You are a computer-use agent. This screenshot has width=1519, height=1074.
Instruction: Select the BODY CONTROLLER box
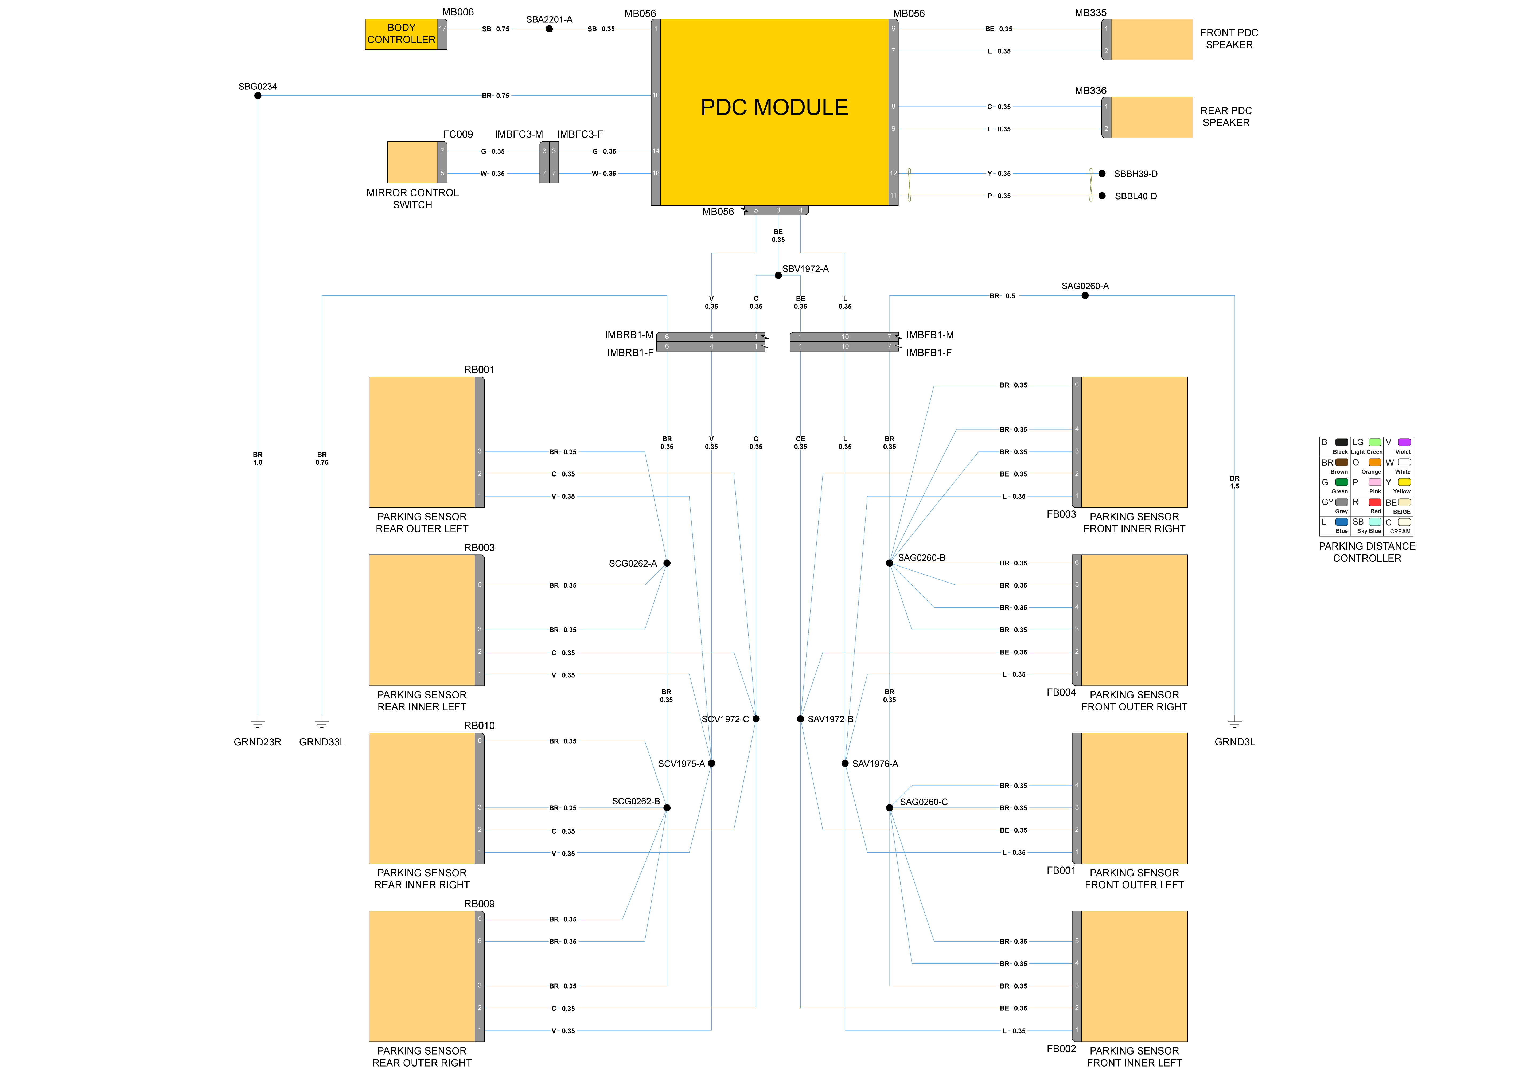401,34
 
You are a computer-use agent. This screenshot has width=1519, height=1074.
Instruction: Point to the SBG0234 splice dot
258,96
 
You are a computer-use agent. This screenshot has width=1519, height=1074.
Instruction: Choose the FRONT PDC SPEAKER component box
1151,40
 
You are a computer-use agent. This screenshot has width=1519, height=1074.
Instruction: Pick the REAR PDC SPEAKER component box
1151,118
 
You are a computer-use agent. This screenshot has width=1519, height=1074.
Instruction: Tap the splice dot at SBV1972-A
778,275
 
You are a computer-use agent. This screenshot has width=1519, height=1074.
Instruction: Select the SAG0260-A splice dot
1085,296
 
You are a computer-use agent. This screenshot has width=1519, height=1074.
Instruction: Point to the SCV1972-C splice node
756,719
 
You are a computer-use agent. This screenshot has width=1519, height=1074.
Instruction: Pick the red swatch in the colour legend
1375,502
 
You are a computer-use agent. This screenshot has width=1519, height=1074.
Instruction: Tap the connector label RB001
479,370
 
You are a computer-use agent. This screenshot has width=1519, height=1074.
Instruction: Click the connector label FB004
1061,692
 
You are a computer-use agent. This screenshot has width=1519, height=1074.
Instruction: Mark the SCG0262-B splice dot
667,807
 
